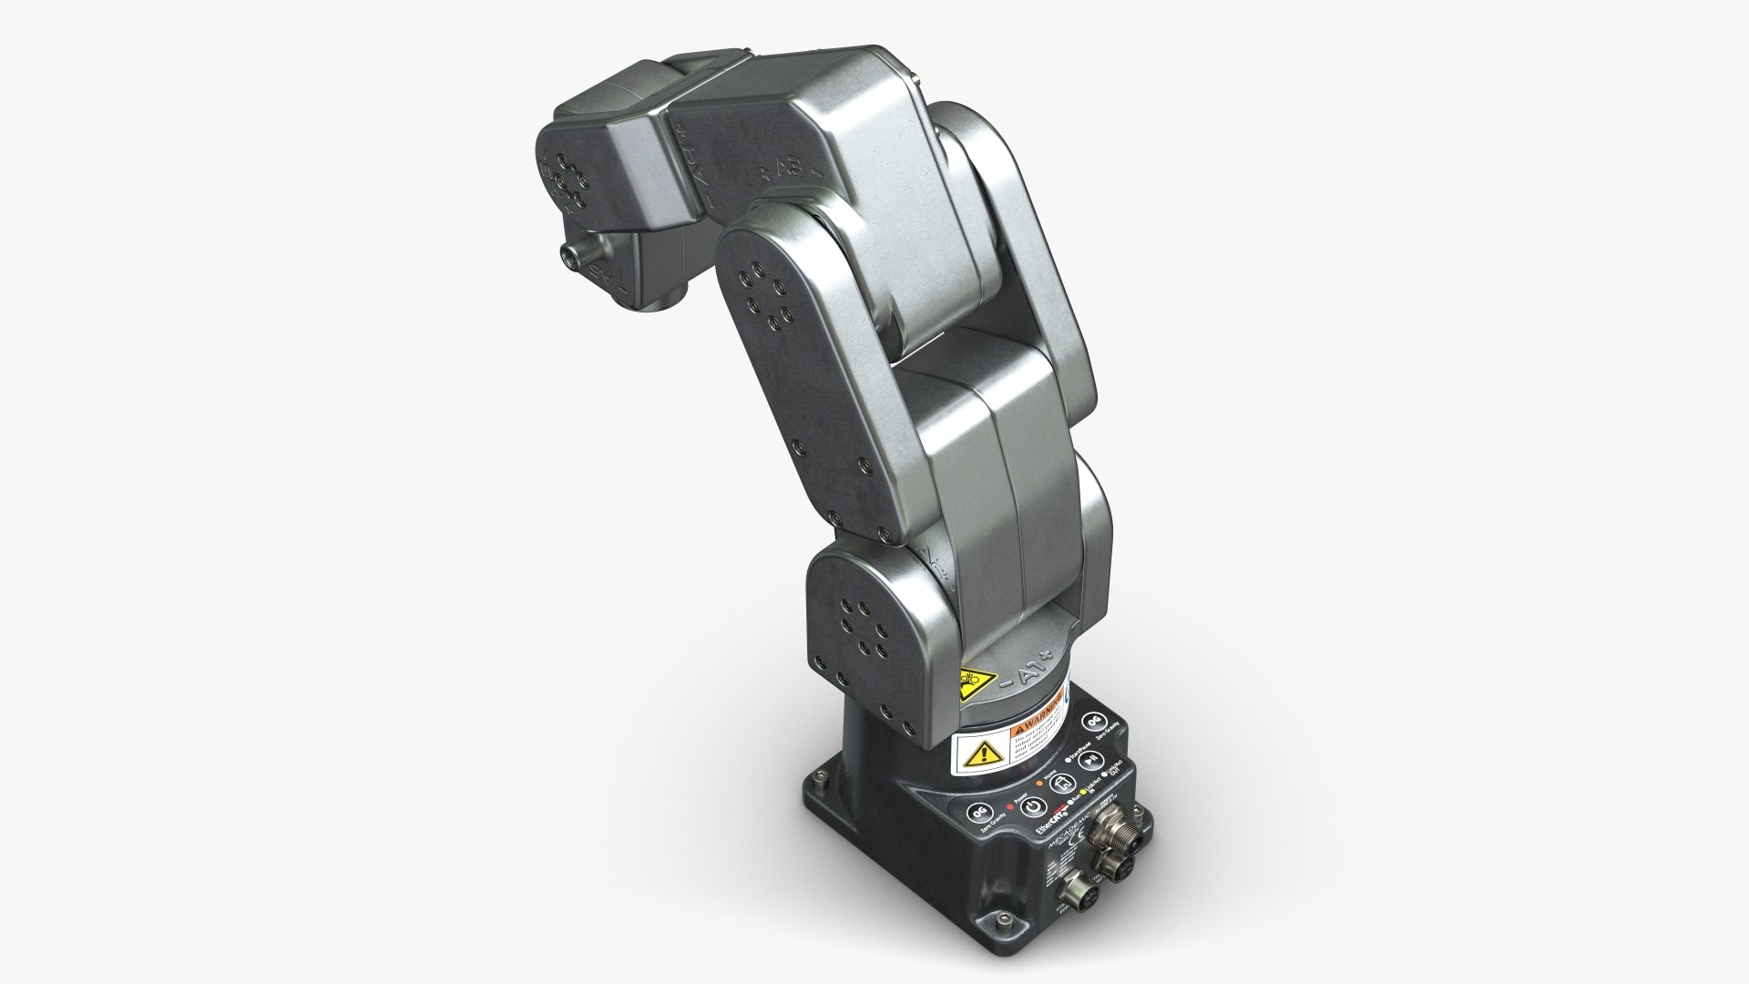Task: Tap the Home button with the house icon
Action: tap(1062, 784)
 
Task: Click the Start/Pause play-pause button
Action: tap(1091, 761)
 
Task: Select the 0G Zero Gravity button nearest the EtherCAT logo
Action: tap(980, 813)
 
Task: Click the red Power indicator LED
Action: tap(1010, 806)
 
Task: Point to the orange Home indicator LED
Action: tap(1039, 783)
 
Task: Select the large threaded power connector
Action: tap(1121, 832)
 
